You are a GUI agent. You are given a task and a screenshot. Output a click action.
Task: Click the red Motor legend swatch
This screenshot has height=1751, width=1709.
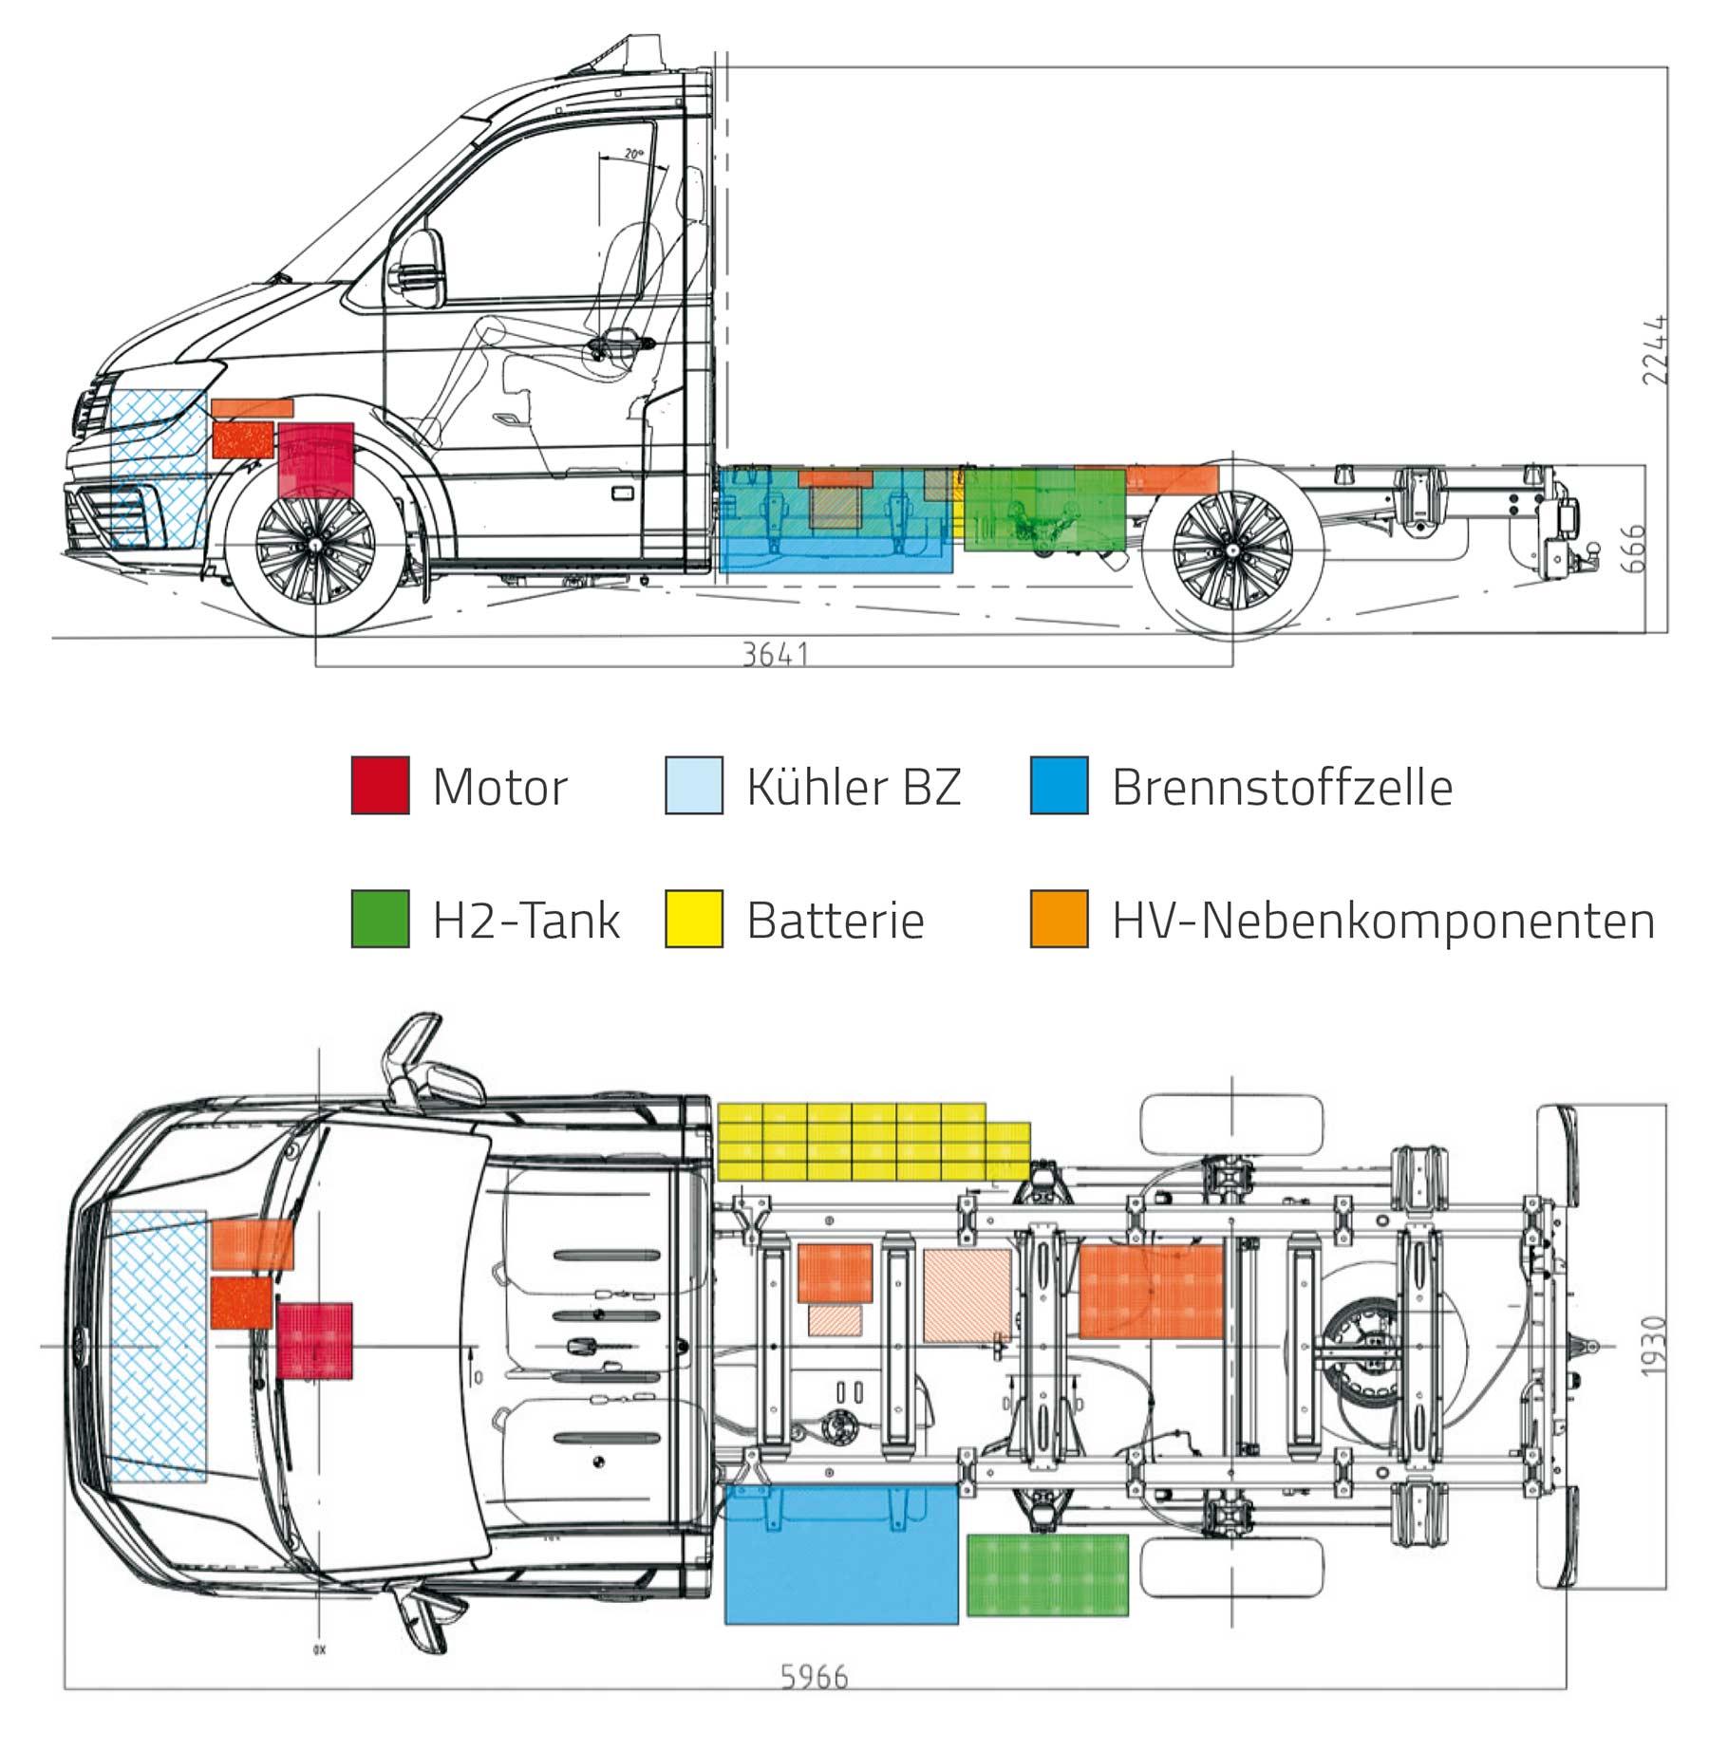pyautogui.click(x=380, y=785)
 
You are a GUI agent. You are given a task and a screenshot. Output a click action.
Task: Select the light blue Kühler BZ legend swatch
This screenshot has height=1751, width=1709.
pyautogui.click(x=693, y=785)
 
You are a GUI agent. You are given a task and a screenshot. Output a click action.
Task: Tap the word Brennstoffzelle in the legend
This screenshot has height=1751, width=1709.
pyautogui.click(x=1282, y=788)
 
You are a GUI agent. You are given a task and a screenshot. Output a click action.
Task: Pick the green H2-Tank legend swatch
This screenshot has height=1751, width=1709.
pyautogui.click(x=380, y=918)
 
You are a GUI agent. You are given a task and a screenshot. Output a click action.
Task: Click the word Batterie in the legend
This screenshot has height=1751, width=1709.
pyautogui.click(x=835, y=921)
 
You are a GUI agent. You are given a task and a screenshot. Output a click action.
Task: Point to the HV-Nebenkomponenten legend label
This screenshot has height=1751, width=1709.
pyautogui.click(x=1382, y=921)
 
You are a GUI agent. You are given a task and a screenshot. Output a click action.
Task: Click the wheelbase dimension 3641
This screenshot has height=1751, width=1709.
pyautogui.click(x=775, y=654)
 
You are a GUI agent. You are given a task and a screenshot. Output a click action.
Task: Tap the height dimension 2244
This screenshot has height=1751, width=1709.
pyautogui.click(x=1654, y=349)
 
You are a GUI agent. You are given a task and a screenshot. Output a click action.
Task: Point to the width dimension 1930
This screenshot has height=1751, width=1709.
pyautogui.click(x=1653, y=1346)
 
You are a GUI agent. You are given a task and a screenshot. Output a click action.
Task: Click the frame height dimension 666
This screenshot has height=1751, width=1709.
pyautogui.click(x=1632, y=549)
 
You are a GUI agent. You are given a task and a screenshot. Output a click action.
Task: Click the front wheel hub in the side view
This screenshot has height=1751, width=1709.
pyautogui.click(x=315, y=547)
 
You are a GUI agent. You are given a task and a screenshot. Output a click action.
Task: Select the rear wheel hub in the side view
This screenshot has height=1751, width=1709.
pyautogui.click(x=1231, y=549)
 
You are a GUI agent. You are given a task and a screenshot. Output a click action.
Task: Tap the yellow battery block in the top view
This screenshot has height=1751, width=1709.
pyautogui.click(x=872, y=1142)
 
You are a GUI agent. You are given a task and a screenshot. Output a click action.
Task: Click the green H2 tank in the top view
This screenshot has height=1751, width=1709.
pyautogui.click(x=1047, y=1574)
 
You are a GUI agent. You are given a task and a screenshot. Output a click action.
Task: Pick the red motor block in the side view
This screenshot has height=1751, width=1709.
pyautogui.click(x=316, y=460)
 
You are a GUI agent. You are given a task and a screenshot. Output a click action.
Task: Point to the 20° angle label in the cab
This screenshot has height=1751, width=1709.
pyautogui.click(x=633, y=154)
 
